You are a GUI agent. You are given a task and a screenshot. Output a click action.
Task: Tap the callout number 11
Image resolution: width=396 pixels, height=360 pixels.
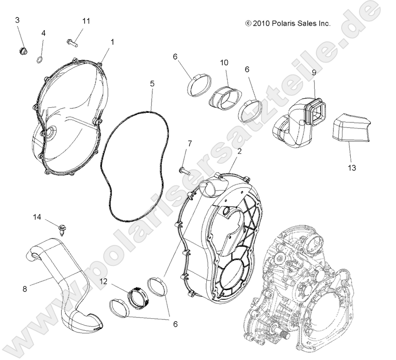click(86, 21)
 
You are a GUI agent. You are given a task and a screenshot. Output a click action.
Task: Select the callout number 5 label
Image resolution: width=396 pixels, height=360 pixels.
click(152, 84)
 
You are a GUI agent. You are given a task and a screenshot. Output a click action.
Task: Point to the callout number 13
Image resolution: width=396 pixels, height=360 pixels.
click(351, 168)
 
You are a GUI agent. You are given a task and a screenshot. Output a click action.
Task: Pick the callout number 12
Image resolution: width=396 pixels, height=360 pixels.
click(104, 282)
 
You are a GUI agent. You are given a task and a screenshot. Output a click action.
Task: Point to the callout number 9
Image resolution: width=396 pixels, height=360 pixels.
click(314, 72)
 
